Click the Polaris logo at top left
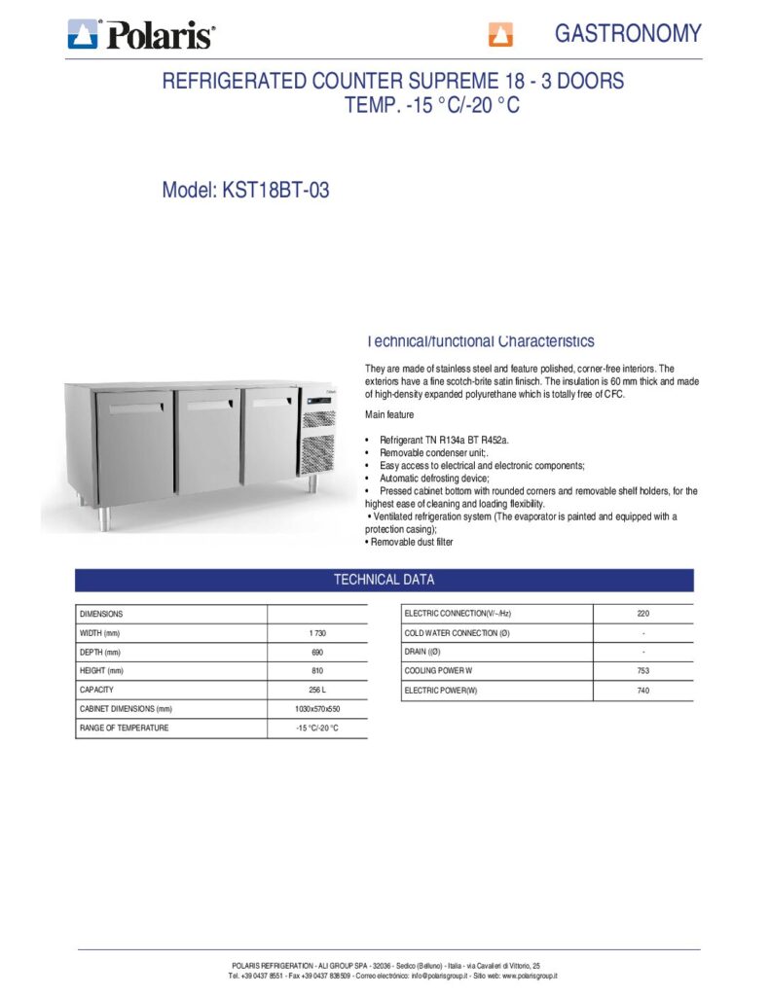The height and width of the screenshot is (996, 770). click(x=141, y=35)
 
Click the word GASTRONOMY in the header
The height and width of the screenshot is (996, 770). click(x=627, y=33)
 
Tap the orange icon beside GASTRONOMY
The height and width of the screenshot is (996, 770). click(x=500, y=36)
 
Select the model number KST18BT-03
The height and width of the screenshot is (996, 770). click(x=275, y=191)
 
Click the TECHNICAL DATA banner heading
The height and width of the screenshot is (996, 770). click(x=384, y=580)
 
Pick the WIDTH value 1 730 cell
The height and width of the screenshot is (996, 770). click(x=316, y=633)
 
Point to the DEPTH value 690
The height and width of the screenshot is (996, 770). click(x=316, y=652)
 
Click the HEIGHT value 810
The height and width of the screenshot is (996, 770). click(x=316, y=671)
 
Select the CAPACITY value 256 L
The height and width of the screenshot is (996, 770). click(x=316, y=690)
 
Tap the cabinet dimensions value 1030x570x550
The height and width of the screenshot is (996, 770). click(x=316, y=709)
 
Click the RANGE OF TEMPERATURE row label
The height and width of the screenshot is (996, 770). click(x=124, y=728)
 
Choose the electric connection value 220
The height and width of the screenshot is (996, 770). click(x=642, y=614)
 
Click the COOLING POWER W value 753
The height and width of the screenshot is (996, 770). click(x=642, y=671)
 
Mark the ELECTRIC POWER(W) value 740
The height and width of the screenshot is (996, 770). click(x=642, y=691)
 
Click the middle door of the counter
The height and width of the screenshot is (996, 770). click(x=207, y=440)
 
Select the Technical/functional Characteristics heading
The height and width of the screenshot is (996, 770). click(x=479, y=341)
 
